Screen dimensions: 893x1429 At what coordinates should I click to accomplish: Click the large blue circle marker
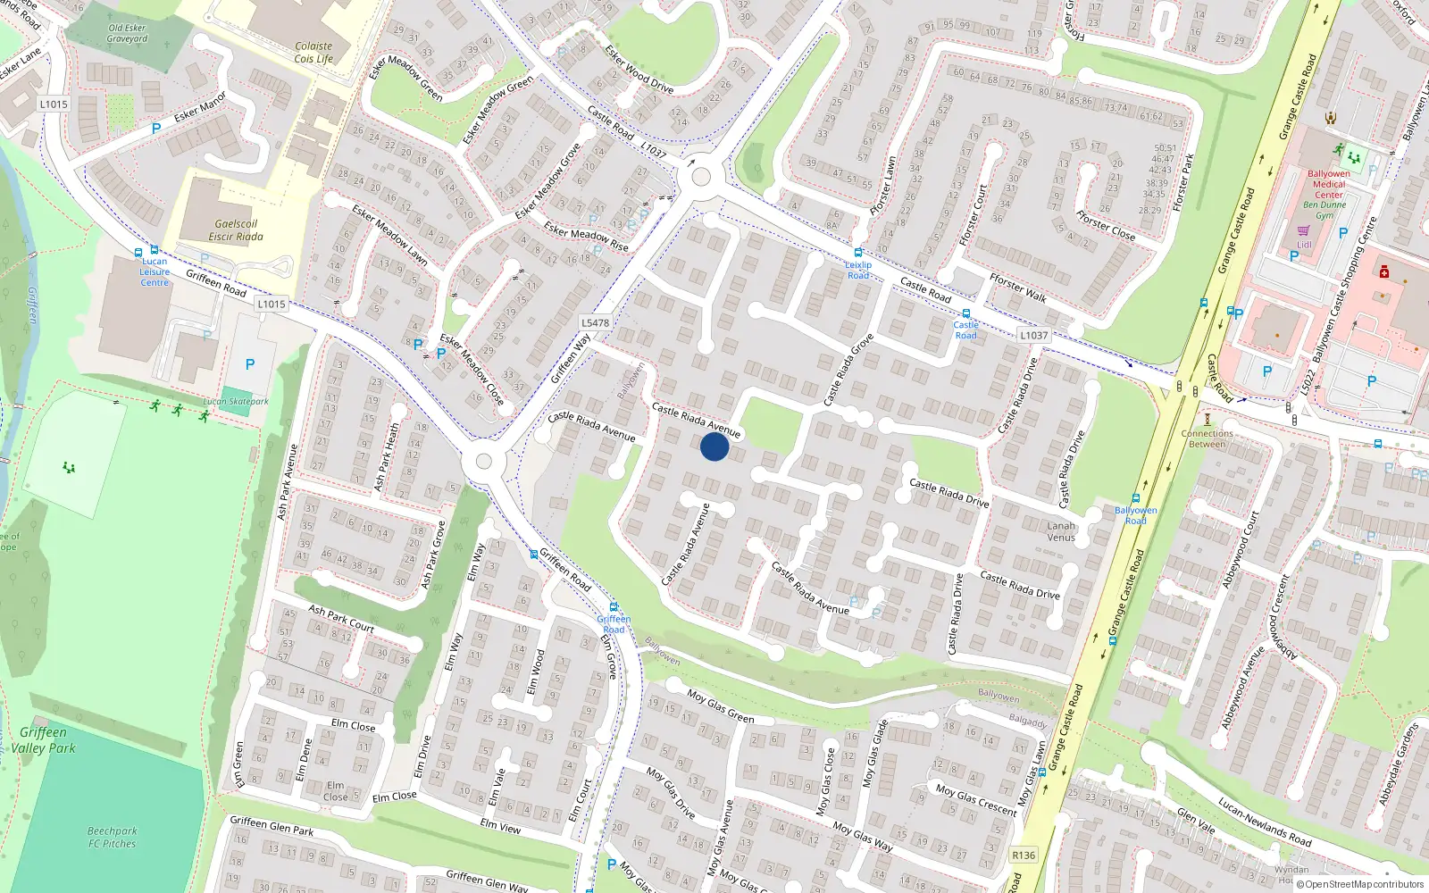(714, 446)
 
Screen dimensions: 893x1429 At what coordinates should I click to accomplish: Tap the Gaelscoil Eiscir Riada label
(236, 230)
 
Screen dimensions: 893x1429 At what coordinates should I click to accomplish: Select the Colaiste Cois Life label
(313, 53)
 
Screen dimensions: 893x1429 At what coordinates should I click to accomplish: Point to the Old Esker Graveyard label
(128, 33)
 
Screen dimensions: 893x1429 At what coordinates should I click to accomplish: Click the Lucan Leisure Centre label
(155, 272)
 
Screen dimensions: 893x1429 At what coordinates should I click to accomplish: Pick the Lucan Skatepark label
(236, 402)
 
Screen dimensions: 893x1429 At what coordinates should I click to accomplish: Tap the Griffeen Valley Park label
(43, 740)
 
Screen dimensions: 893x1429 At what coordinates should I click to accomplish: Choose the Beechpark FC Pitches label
(113, 837)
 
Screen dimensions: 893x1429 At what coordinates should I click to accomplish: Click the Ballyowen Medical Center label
(1328, 184)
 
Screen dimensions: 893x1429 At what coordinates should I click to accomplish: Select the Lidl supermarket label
(1304, 244)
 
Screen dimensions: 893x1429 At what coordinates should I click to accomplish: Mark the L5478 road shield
(595, 323)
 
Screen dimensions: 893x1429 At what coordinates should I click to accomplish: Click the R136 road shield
(1024, 855)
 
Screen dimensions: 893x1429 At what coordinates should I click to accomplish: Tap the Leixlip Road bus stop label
(858, 270)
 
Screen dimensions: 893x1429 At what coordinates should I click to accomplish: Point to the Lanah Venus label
(1061, 531)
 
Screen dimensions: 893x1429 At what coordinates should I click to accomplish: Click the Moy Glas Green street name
(721, 705)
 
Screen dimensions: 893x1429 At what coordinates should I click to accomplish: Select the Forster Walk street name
(1017, 288)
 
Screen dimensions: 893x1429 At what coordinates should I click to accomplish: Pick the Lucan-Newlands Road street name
(1265, 822)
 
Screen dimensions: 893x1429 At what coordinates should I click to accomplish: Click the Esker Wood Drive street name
(639, 69)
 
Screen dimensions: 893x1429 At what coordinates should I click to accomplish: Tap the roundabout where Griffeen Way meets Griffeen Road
(484, 461)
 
